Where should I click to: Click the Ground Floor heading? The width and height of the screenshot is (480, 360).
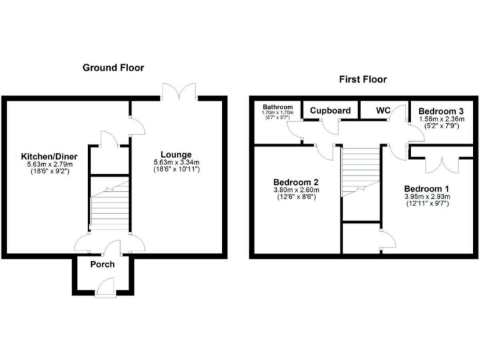[x=113, y=67]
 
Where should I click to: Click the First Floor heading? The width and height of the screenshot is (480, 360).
[x=362, y=79]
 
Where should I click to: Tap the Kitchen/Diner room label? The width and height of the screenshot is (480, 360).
[x=45, y=156]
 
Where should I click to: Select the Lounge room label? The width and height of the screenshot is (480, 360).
[x=176, y=155]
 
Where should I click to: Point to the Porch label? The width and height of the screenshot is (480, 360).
[x=102, y=264]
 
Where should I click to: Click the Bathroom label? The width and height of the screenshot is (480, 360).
[x=277, y=107]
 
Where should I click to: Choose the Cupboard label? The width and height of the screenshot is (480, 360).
[x=331, y=111]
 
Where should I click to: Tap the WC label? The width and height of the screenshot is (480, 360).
[x=383, y=111]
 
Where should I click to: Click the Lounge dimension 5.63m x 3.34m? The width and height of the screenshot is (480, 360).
[x=176, y=162]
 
